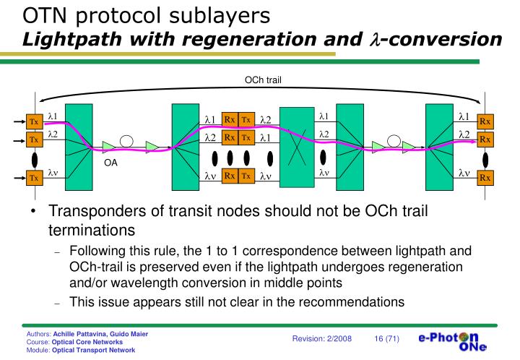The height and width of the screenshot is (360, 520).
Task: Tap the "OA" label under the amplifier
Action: [110, 163]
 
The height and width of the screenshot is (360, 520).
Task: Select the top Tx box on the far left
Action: [33, 121]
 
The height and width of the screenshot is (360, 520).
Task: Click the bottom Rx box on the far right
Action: [485, 177]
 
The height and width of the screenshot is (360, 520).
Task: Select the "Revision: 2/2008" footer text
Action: [322, 339]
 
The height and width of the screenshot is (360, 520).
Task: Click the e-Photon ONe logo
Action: [453, 342]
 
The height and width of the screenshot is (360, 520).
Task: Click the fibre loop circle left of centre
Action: [127, 141]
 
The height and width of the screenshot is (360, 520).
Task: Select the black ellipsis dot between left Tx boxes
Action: [33, 158]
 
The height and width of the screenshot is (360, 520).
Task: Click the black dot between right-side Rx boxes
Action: [485, 158]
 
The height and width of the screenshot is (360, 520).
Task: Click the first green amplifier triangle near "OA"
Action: [108, 147]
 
